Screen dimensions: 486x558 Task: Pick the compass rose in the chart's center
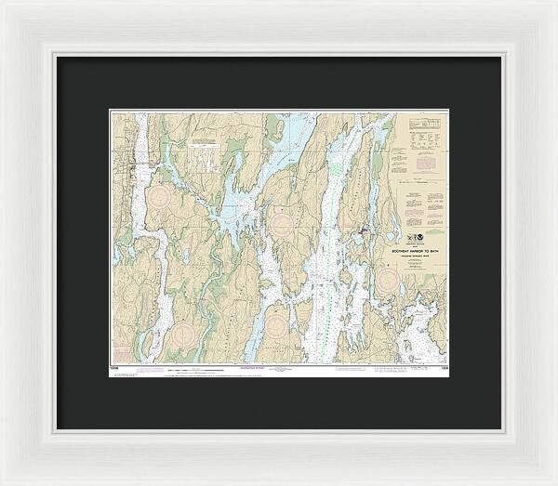pos(280,219)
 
